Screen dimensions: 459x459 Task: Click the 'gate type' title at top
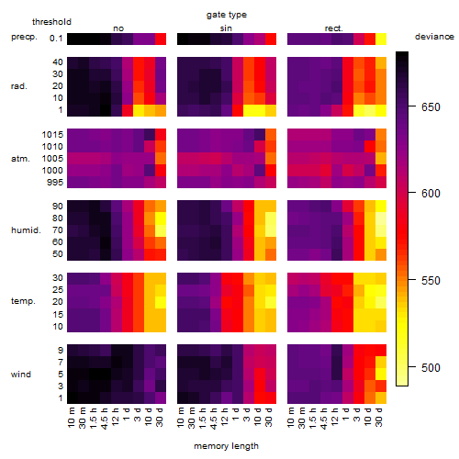pos(227,15)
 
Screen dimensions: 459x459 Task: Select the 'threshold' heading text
pos(51,22)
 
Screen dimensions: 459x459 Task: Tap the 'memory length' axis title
pos(226,446)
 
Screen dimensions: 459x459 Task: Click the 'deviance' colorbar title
pos(434,37)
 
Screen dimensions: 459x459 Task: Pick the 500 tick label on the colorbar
pos(431,367)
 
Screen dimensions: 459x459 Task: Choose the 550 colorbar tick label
pos(431,280)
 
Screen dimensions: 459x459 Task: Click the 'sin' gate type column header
pos(226,28)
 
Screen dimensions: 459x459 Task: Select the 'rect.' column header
pos(333,28)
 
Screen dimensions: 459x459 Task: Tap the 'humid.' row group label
pos(26,230)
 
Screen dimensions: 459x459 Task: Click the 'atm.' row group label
pos(20,159)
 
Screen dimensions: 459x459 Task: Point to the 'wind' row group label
pos(21,375)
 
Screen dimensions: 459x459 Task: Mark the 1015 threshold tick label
pos(52,135)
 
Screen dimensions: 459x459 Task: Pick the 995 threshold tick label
pos(55,183)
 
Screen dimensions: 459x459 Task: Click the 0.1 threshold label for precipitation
pos(56,39)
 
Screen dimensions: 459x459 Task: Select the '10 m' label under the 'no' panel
pos(71,418)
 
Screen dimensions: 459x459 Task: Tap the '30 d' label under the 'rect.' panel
pos(379,418)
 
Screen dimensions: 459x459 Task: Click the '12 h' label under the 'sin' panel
pos(225,417)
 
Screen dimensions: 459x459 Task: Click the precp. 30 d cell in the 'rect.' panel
pos(381,39)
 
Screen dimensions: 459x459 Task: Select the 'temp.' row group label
pos(23,301)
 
